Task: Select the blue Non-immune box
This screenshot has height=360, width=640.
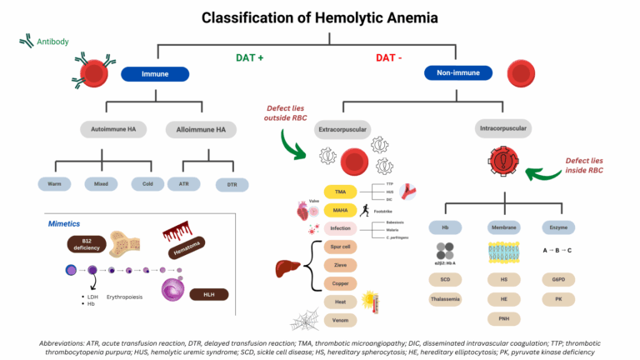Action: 458,73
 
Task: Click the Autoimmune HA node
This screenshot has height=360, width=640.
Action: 109,129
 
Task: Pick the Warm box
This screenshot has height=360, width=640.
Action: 56,183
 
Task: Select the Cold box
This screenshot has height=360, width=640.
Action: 147,183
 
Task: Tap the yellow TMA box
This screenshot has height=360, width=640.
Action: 339,192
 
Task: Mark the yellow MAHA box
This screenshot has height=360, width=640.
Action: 339,210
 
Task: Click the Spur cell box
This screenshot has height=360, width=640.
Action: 339,247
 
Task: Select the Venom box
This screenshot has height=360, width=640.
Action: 339,320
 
